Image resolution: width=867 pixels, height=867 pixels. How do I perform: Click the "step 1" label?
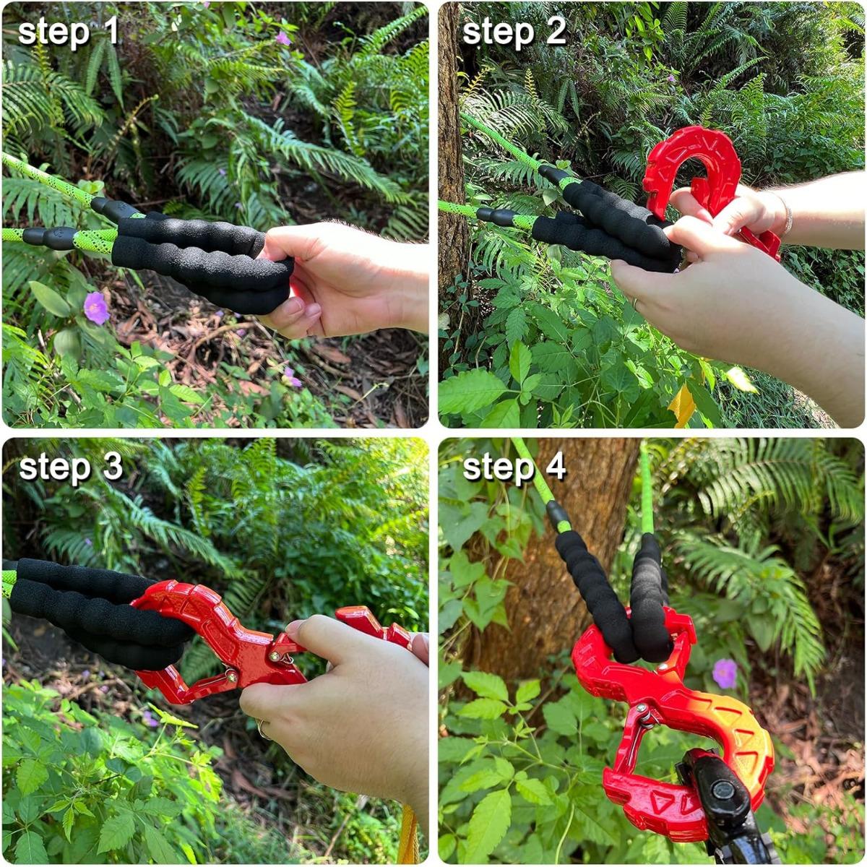68,33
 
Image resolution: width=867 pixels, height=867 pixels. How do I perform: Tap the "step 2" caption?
514,33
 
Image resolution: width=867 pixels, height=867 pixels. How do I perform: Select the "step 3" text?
70,467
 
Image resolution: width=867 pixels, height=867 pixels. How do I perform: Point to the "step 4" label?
514,467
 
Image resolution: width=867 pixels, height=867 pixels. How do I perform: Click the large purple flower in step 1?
96,308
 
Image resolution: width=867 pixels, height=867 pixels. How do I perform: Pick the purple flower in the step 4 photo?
725,673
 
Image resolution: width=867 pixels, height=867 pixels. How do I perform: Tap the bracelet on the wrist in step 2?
785,215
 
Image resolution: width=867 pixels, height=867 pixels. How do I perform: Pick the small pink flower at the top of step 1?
282,38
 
